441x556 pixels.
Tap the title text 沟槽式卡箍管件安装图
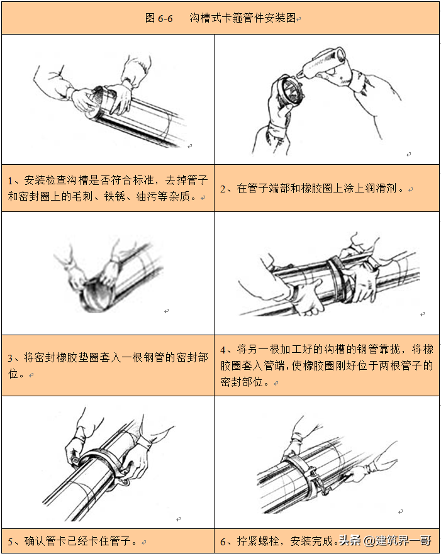(x=242, y=18)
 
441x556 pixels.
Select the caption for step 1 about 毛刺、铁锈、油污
(x=107, y=188)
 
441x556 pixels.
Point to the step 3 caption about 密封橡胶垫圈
(x=107, y=365)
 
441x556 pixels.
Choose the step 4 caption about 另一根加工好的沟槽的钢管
(x=327, y=365)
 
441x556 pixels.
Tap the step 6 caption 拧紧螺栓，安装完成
(x=277, y=541)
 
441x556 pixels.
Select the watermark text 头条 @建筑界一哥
(x=385, y=541)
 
